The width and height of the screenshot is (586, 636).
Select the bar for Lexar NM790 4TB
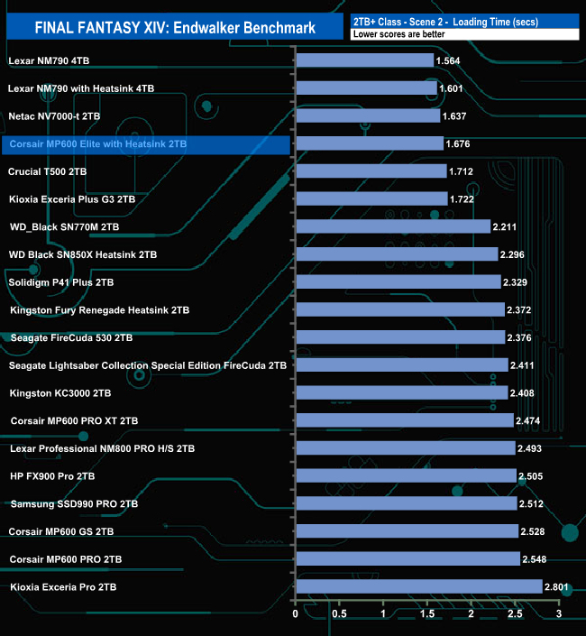tap(364, 60)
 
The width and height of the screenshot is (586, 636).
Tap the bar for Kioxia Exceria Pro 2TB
tap(418, 586)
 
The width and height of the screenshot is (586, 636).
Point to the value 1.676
tap(460, 143)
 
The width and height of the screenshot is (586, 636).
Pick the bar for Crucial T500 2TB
tap(371, 171)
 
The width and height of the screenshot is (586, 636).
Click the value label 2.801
tap(560, 586)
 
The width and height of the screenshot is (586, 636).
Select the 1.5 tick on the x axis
tap(427, 613)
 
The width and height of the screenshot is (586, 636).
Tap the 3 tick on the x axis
tap(559, 613)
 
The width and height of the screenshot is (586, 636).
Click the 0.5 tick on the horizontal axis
tap(339, 613)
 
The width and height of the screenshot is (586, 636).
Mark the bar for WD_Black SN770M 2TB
tap(392, 226)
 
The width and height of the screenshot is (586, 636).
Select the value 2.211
tap(508, 226)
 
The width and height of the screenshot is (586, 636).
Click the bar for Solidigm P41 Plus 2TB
tap(398, 282)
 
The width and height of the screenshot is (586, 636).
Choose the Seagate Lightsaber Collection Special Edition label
tap(148, 365)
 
